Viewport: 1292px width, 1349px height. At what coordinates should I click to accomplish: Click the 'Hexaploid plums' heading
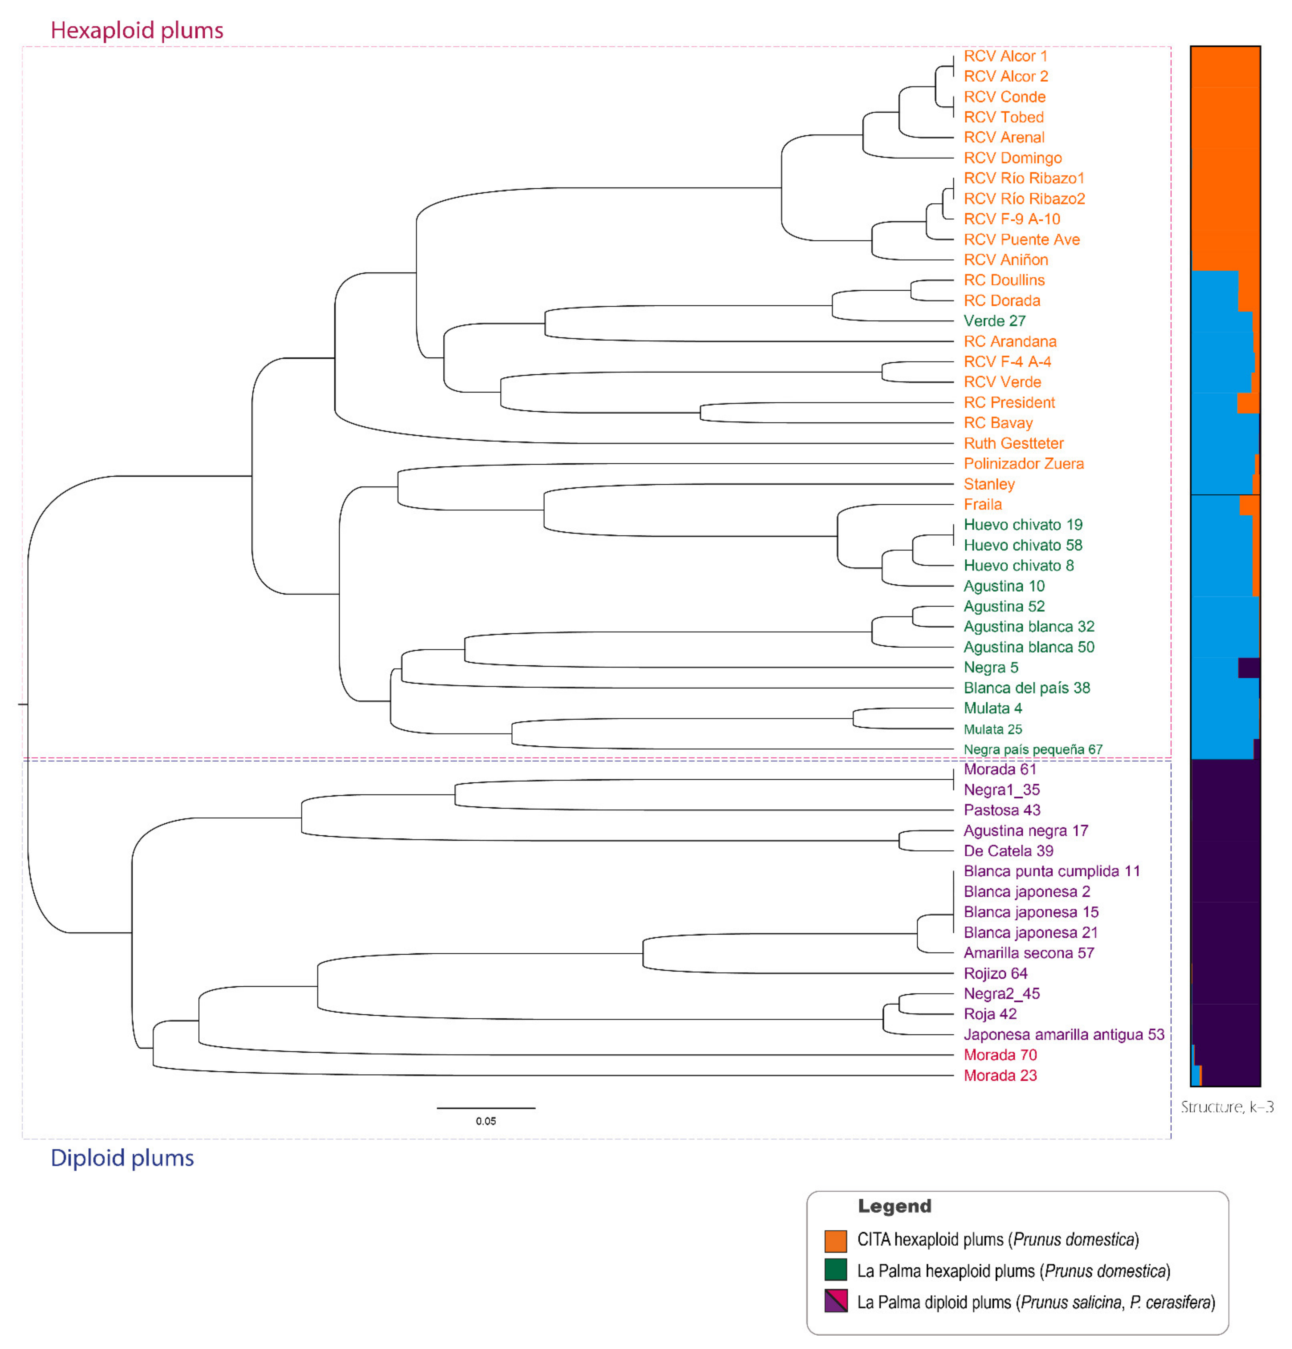point(137,30)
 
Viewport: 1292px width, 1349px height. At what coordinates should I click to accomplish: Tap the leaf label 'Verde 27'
point(994,321)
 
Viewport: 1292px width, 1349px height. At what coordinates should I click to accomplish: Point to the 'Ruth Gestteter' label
point(1013,443)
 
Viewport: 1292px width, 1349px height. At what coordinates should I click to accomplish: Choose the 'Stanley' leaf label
point(989,484)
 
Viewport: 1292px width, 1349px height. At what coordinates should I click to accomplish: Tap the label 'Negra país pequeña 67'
point(1032,749)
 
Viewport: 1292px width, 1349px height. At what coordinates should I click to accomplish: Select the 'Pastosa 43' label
point(1001,810)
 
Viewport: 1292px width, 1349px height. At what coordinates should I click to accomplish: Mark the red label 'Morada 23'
point(1000,1075)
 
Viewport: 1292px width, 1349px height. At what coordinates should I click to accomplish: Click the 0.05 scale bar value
point(485,1121)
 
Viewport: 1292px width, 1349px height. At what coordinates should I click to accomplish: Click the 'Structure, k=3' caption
point(1227,1107)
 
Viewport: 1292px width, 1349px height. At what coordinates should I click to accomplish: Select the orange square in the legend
point(835,1240)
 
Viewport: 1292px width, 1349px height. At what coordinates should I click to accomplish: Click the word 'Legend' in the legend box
point(894,1206)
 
